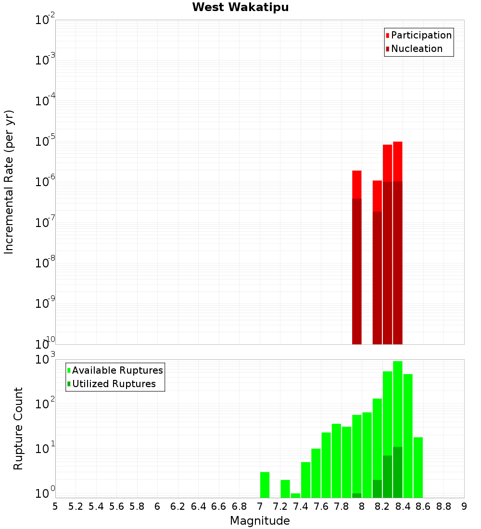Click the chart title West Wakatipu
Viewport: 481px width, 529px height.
click(240, 8)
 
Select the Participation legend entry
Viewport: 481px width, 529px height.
click(421, 35)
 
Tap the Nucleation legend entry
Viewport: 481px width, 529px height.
click(417, 49)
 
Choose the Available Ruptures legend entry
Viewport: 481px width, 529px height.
click(117, 370)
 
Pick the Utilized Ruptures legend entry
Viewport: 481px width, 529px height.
click(114, 384)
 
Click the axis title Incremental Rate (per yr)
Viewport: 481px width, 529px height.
click(9, 182)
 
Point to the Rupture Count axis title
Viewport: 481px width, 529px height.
click(18, 428)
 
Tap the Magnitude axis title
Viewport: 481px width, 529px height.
click(260, 521)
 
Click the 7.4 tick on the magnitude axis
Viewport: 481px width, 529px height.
click(301, 506)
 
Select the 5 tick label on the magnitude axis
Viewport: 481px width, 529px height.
click(55, 506)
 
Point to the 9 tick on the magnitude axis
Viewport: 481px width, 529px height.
click(464, 506)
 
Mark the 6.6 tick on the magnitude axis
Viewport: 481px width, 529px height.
click(219, 506)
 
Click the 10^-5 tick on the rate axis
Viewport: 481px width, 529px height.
click(46, 141)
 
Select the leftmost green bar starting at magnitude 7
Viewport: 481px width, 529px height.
click(265, 485)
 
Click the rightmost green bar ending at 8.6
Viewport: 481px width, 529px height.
click(418, 467)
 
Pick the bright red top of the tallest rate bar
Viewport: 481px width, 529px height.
click(397, 161)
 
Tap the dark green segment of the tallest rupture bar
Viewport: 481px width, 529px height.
click(397, 472)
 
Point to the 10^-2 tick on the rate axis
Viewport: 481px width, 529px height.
click(46, 20)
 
